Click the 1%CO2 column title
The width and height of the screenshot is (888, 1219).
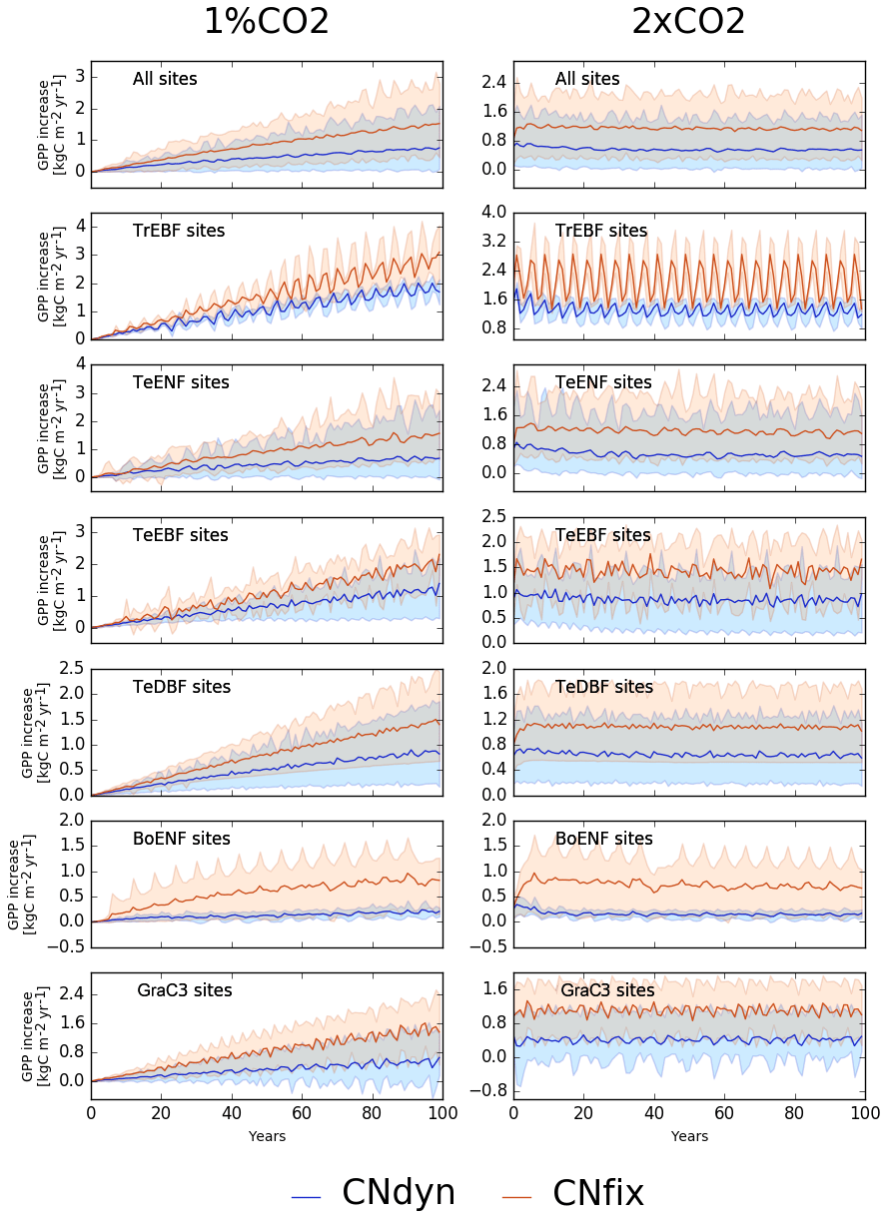point(266,22)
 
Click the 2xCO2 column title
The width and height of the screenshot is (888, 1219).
point(688,22)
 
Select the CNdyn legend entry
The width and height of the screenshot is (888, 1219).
point(398,1193)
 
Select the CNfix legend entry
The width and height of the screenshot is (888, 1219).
point(597,1193)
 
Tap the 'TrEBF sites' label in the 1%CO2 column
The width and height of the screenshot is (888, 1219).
point(179,231)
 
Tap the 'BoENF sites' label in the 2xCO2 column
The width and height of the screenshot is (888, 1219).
point(603,839)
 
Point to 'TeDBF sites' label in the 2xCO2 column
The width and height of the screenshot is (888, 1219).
point(603,687)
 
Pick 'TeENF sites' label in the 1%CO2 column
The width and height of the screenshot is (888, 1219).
point(181,382)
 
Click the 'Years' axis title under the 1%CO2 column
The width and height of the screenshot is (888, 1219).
point(267,1136)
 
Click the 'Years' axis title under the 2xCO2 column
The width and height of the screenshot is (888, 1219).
point(689,1136)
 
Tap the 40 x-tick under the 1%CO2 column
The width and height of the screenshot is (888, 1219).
point(232,1112)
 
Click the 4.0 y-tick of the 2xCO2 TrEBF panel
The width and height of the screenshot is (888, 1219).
point(495,213)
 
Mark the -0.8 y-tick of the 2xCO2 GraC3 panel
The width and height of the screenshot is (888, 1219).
point(492,1090)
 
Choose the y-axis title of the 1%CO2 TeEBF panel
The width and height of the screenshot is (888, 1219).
point(51,579)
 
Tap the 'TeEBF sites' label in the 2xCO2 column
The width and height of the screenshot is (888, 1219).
point(602,535)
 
